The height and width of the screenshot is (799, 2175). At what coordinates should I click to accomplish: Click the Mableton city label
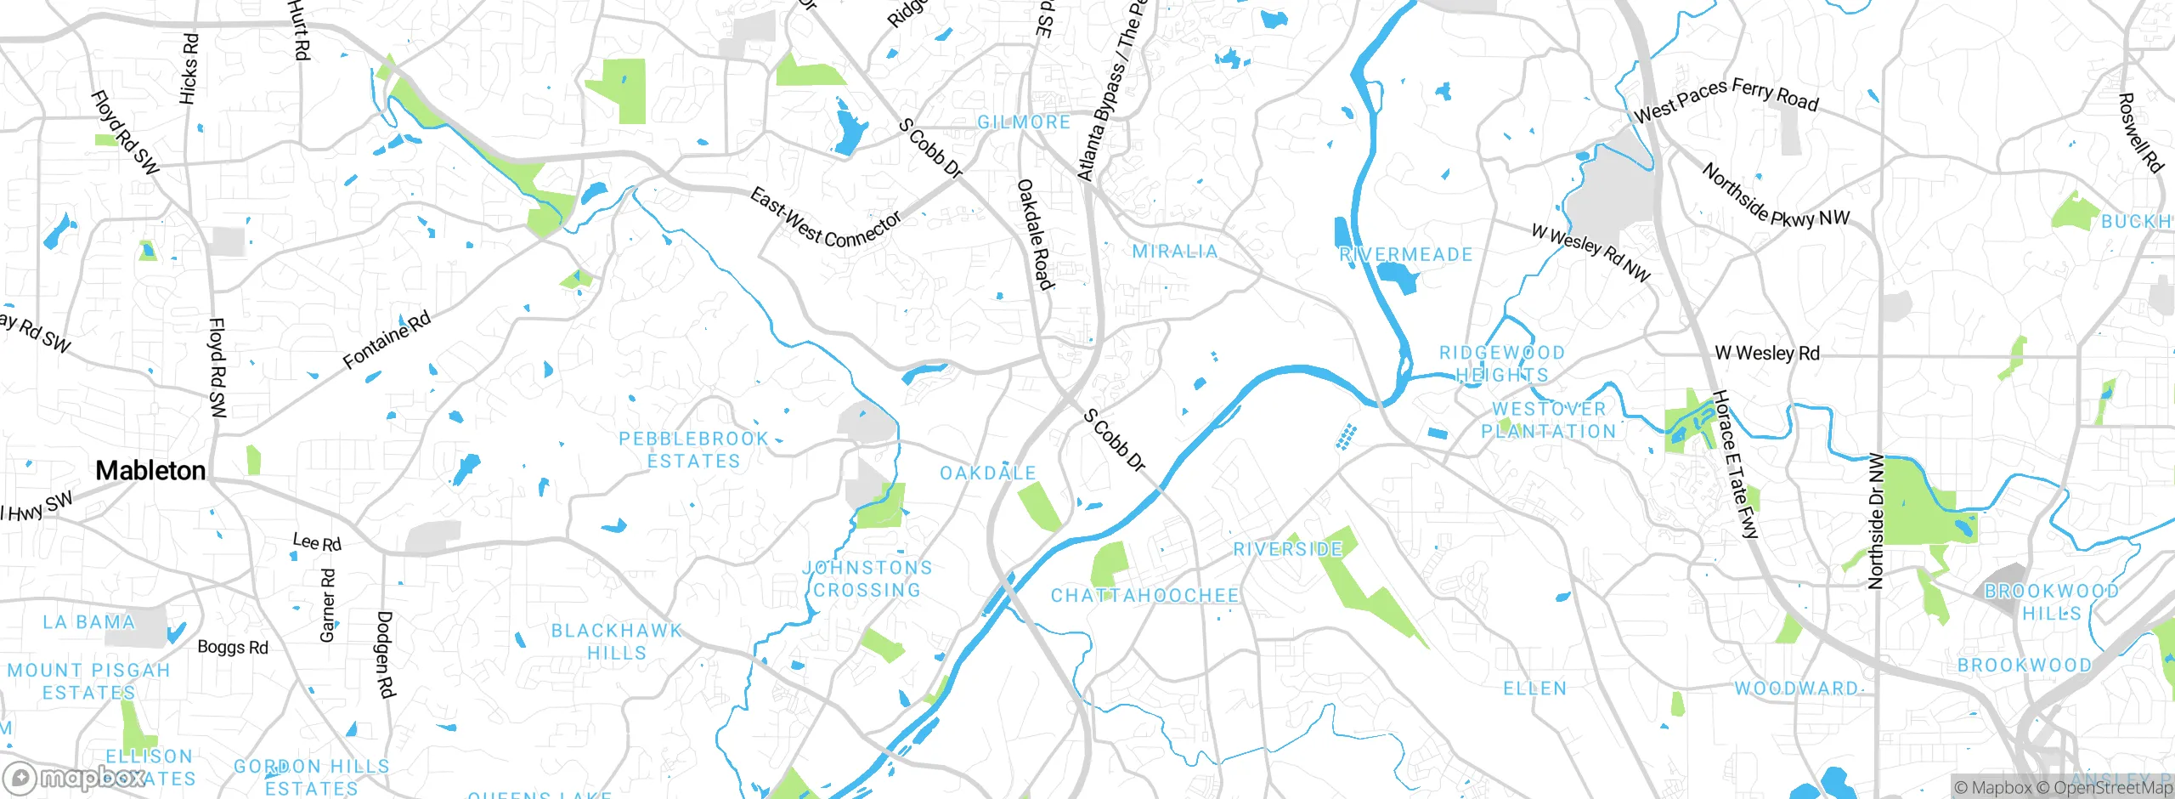coord(150,470)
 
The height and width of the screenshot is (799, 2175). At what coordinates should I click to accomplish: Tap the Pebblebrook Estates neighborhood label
coord(693,450)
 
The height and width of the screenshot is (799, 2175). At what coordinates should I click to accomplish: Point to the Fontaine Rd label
coord(387,340)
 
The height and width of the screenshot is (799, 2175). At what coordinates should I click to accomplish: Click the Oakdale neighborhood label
coord(988,473)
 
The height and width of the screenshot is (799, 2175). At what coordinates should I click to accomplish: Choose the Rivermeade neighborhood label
coord(1406,254)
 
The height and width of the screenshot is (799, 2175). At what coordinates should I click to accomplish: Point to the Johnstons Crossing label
coord(867,579)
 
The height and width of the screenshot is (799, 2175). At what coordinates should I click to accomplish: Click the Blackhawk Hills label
coord(617,642)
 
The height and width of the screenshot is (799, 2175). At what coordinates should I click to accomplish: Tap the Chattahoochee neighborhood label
coord(1144,595)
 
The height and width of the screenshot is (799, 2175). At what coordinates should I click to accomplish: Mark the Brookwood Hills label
coord(2051,602)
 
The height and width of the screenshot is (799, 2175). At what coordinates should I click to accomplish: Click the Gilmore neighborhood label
coord(1024,122)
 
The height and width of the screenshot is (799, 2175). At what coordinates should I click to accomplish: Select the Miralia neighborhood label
coord(1175,251)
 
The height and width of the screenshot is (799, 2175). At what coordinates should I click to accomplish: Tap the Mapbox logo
coord(75,777)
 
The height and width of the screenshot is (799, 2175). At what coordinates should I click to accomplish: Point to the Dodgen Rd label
coord(385,654)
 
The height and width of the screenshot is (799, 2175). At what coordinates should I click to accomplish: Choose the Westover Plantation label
coord(1549,420)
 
